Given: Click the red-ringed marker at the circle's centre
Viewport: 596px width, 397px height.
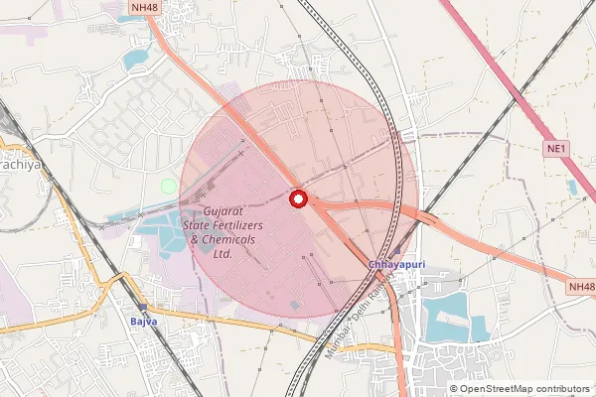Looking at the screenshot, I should (297, 198).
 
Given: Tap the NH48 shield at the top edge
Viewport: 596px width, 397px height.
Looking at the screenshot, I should (144, 8).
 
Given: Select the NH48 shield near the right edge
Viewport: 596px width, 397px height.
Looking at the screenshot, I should (582, 286).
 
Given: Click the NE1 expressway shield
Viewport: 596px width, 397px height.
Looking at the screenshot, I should (556, 149).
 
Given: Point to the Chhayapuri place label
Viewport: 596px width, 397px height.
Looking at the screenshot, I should (397, 265).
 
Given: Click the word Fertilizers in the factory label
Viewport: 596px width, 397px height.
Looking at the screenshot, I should (234, 225).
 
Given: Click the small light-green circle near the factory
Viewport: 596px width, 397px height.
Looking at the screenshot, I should (168, 186).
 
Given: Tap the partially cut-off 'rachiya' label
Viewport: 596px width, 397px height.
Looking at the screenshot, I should (20, 165).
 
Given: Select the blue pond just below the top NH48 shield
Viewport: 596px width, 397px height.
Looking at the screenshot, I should (134, 58).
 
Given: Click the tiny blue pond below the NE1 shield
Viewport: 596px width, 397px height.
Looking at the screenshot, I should (572, 186).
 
